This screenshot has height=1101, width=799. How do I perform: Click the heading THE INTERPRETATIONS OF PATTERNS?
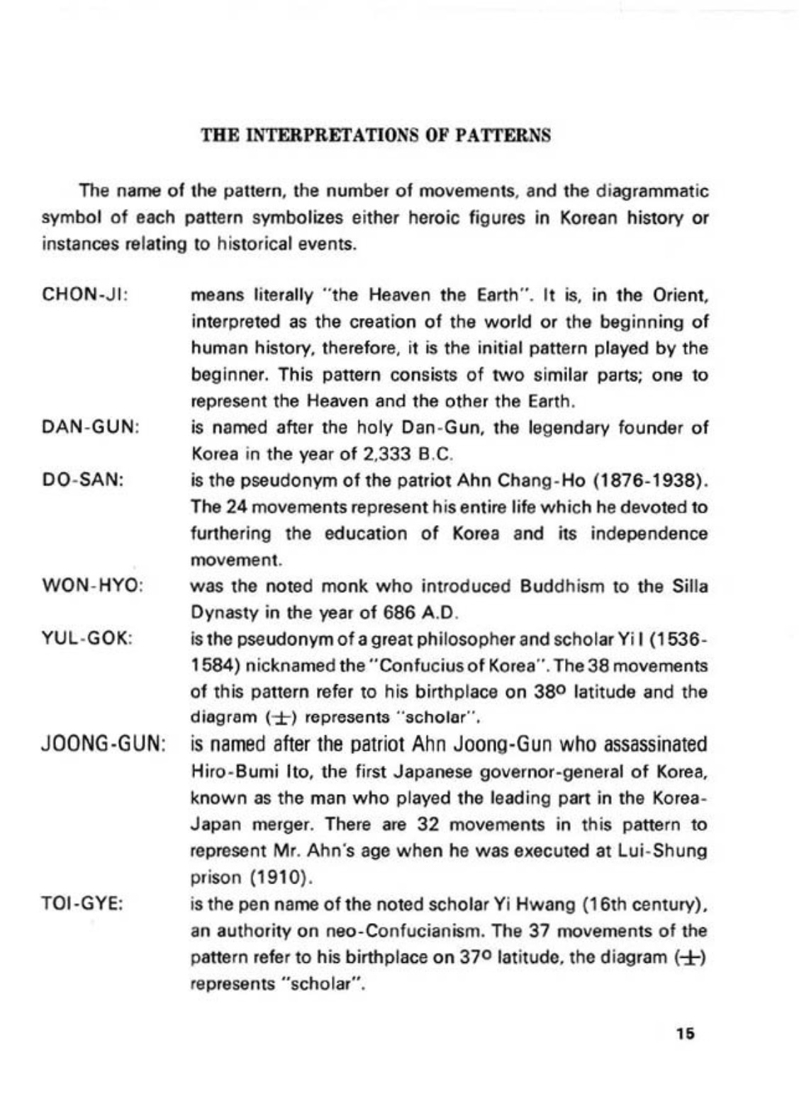[376, 135]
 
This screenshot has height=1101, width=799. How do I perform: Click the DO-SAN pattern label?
[84, 480]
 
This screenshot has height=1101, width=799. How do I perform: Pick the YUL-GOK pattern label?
[89, 638]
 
